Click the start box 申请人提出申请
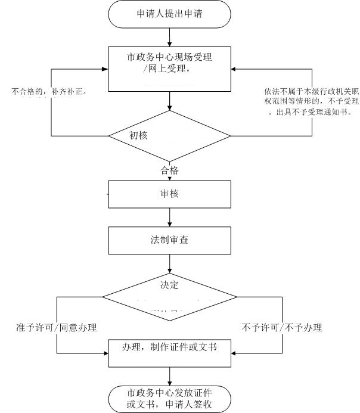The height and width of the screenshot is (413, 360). (x=170, y=14)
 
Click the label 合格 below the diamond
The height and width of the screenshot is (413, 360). (x=170, y=171)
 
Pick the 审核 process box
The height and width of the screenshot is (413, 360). (x=169, y=194)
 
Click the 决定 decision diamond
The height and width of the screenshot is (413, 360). (x=170, y=295)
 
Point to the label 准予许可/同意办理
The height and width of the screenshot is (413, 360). (x=57, y=328)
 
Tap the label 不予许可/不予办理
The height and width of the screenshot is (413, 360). (x=282, y=328)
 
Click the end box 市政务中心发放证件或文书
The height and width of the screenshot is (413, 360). (x=170, y=399)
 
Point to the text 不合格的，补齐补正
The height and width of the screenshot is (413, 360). (x=46, y=92)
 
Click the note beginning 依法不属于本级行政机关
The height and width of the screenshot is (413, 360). (x=311, y=101)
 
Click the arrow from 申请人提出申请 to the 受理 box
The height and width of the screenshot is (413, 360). (x=170, y=36)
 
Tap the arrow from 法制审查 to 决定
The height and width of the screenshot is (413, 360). (x=170, y=262)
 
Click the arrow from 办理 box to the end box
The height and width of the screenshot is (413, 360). (x=170, y=376)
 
